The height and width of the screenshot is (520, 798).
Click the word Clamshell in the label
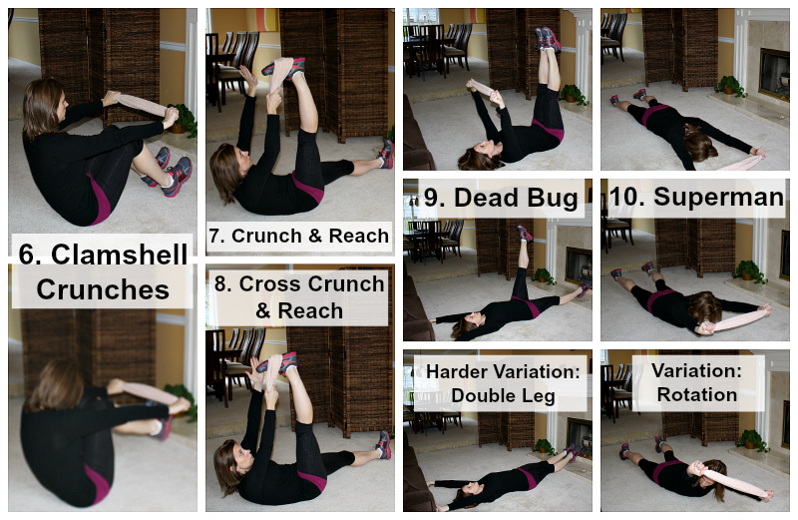point(119,255)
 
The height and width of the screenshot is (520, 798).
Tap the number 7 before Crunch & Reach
point(215,236)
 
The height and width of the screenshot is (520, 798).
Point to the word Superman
point(718,197)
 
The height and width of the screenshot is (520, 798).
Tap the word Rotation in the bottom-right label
point(696,394)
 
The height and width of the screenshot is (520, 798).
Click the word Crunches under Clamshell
point(103,289)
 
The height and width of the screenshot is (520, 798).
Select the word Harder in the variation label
point(456,371)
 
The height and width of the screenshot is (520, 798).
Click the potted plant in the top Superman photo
point(731,86)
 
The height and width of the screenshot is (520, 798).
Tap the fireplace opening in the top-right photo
point(775,75)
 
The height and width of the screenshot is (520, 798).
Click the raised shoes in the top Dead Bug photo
point(548,38)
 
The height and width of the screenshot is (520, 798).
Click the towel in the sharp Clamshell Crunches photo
point(141,104)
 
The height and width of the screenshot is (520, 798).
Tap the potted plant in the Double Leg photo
point(544,447)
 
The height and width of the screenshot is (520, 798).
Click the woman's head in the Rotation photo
point(715,476)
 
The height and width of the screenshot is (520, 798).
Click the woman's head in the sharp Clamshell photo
point(43,106)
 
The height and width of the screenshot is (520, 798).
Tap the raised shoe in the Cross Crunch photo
point(282,362)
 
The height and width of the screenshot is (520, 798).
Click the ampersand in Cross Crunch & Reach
point(263,310)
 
